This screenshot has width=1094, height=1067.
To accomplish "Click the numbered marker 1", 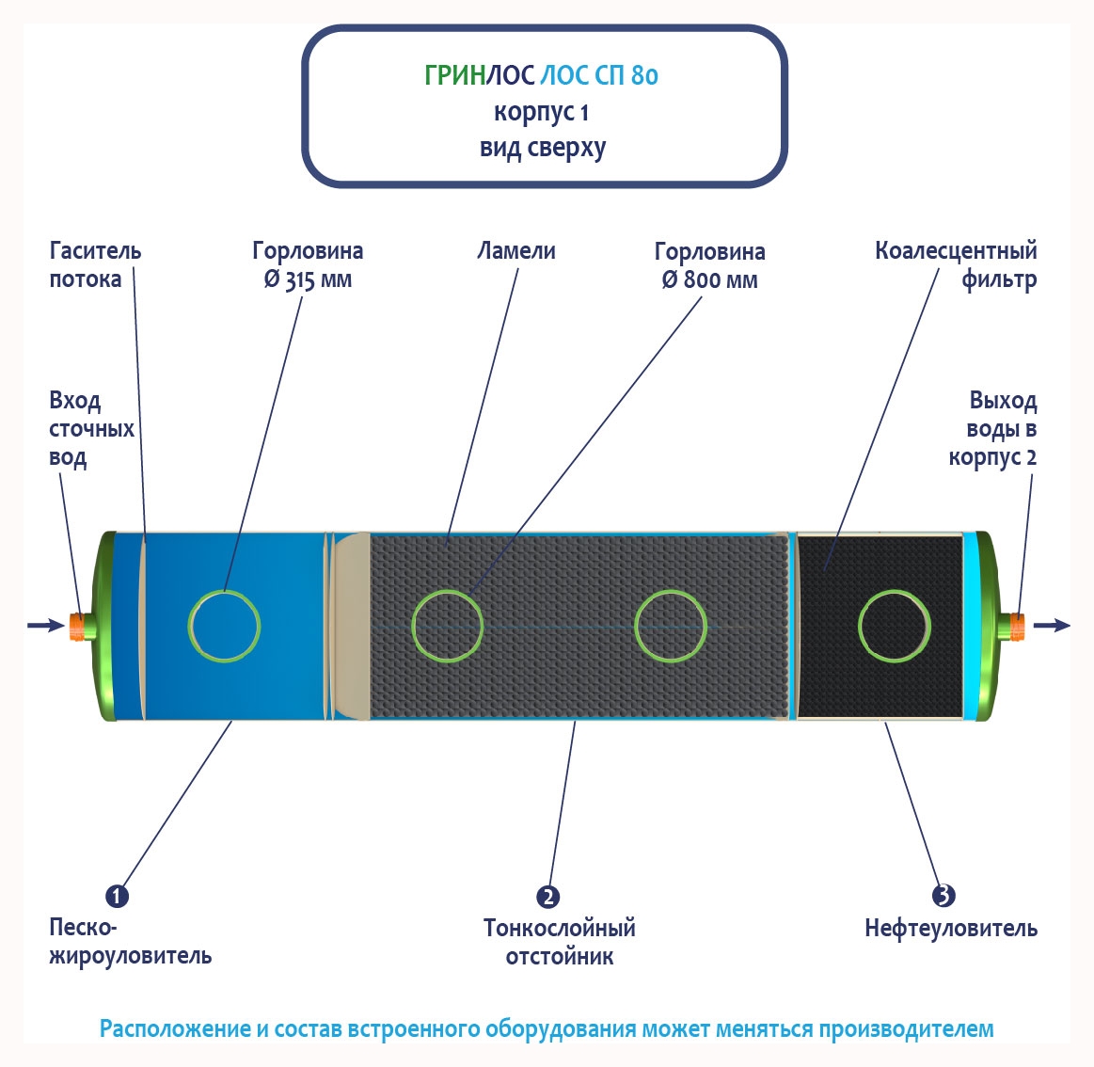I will pyautogui.click(x=117, y=896).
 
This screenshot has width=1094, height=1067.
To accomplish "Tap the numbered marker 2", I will pyautogui.click(x=547, y=897).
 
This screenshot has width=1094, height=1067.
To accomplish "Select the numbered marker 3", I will pyautogui.click(x=943, y=895).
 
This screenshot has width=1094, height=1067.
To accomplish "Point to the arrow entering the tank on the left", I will pyautogui.click(x=45, y=625).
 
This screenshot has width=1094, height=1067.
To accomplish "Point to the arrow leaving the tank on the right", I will pyautogui.click(x=1052, y=625).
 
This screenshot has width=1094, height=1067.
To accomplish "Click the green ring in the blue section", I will pyautogui.click(x=224, y=626).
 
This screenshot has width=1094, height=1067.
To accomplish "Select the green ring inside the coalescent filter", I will pyautogui.click(x=895, y=626).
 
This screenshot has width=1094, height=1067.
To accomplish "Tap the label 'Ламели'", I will pyautogui.click(x=516, y=251).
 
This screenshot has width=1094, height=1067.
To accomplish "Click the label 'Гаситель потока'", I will pyautogui.click(x=94, y=264).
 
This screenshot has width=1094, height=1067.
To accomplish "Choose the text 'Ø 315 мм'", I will pyautogui.click(x=308, y=280).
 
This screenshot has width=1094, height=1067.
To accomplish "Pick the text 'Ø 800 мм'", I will pyautogui.click(x=709, y=280).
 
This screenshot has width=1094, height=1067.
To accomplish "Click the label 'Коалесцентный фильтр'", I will pyautogui.click(x=956, y=264).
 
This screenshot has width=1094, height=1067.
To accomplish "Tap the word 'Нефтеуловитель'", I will pyautogui.click(x=951, y=929).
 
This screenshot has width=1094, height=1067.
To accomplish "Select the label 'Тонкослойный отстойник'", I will pyautogui.click(x=560, y=942).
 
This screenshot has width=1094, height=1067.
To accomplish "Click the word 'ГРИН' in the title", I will pyautogui.click(x=454, y=75).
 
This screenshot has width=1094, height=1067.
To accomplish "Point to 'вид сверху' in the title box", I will pyautogui.click(x=543, y=149).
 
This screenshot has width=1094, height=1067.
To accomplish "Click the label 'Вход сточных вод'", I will pyautogui.click(x=91, y=429).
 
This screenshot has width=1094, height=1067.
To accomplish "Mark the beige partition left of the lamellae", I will pyautogui.click(x=353, y=626).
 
